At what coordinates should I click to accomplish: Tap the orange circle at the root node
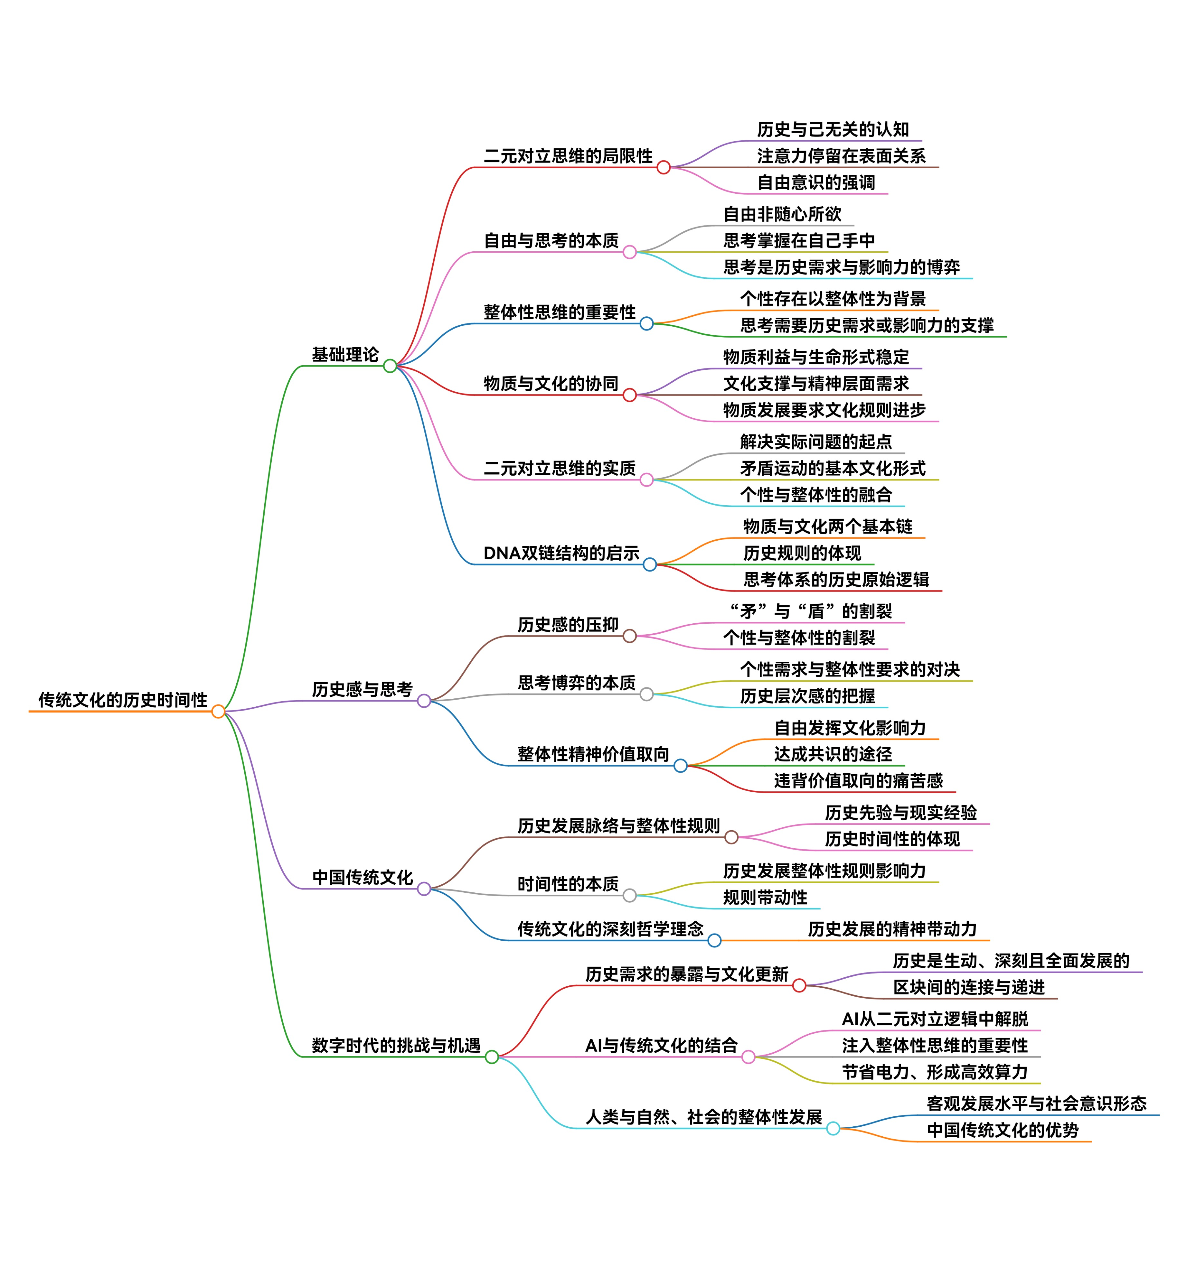click(218, 711)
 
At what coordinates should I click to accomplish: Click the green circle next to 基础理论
click(390, 366)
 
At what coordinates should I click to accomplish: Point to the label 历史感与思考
click(362, 689)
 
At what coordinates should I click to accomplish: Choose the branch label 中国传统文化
click(362, 877)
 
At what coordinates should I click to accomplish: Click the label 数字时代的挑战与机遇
click(396, 1046)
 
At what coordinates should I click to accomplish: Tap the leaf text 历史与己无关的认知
click(833, 130)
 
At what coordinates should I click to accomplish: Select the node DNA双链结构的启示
click(561, 553)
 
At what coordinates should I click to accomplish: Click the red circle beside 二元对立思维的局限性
click(663, 168)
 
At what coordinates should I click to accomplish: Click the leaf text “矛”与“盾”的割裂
click(811, 611)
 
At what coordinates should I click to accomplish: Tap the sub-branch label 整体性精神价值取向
click(593, 754)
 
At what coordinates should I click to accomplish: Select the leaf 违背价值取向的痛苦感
click(858, 780)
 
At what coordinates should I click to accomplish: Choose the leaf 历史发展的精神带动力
click(892, 929)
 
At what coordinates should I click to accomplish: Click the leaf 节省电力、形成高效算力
click(935, 1072)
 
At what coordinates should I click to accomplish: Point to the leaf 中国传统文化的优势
click(1002, 1130)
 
